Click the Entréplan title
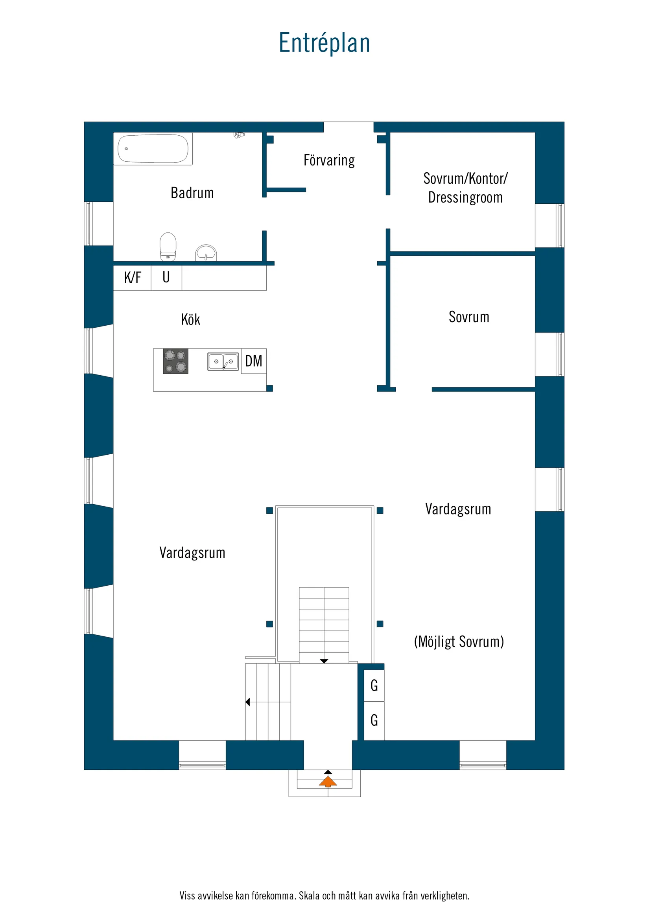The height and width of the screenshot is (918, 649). [324, 43]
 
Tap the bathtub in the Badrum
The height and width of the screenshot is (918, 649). [153, 149]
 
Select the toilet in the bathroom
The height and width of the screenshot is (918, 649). [168, 247]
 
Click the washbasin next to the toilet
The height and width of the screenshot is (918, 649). [206, 253]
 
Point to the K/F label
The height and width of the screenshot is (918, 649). [133, 277]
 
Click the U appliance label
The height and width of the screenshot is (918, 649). [166, 277]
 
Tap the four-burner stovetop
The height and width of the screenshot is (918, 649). [175, 361]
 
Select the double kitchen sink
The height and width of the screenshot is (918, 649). [223, 361]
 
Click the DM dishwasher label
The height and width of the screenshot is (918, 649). [254, 361]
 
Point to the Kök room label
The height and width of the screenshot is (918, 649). [190, 319]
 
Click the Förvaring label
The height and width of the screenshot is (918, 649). [329, 160]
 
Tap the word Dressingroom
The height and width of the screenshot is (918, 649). [465, 198]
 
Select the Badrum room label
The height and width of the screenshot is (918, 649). [192, 193]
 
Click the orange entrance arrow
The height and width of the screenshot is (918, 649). [328, 782]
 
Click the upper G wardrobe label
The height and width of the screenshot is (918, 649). [374, 686]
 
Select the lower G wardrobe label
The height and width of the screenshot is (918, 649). [374, 721]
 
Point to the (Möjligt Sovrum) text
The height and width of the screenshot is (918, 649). [459, 642]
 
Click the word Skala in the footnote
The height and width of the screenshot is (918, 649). [310, 896]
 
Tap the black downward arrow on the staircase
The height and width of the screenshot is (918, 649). [324, 661]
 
